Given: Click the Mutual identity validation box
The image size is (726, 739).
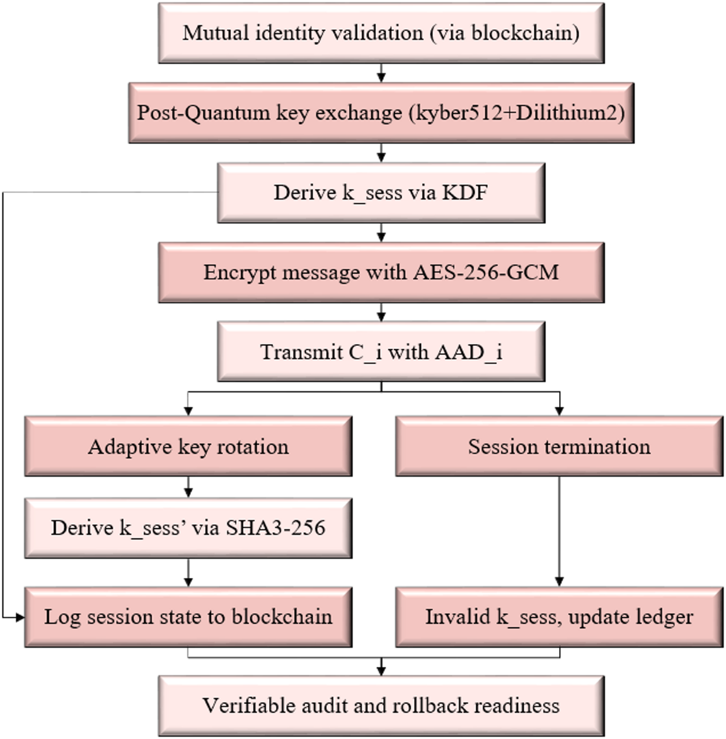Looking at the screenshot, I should point(381,33).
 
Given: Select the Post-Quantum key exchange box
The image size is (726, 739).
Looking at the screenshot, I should point(381,113).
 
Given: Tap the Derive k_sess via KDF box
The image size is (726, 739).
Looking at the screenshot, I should point(381,193).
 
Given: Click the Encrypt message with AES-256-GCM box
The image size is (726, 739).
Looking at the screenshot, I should point(381,273).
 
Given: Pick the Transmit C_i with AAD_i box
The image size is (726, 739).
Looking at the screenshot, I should point(381,352).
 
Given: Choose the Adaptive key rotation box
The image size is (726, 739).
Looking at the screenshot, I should point(188,447).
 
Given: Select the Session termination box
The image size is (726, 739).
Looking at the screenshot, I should point(559,447).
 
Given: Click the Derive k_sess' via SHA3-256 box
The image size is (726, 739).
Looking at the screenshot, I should point(188,527).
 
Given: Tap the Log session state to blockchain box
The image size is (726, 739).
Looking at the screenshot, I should point(188,617).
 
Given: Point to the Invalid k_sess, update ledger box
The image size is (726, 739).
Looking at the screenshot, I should point(559,617).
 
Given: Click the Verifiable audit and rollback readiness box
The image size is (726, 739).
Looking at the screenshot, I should point(381,706).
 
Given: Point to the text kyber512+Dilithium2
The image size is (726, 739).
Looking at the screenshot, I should point(517,113).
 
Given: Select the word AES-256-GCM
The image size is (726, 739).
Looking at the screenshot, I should point(486,273).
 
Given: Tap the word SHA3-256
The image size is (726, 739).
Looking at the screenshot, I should point(275,527).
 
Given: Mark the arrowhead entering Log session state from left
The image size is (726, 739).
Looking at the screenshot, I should point(19,617).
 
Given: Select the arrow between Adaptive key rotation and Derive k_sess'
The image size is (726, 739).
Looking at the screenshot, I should point(189,486).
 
